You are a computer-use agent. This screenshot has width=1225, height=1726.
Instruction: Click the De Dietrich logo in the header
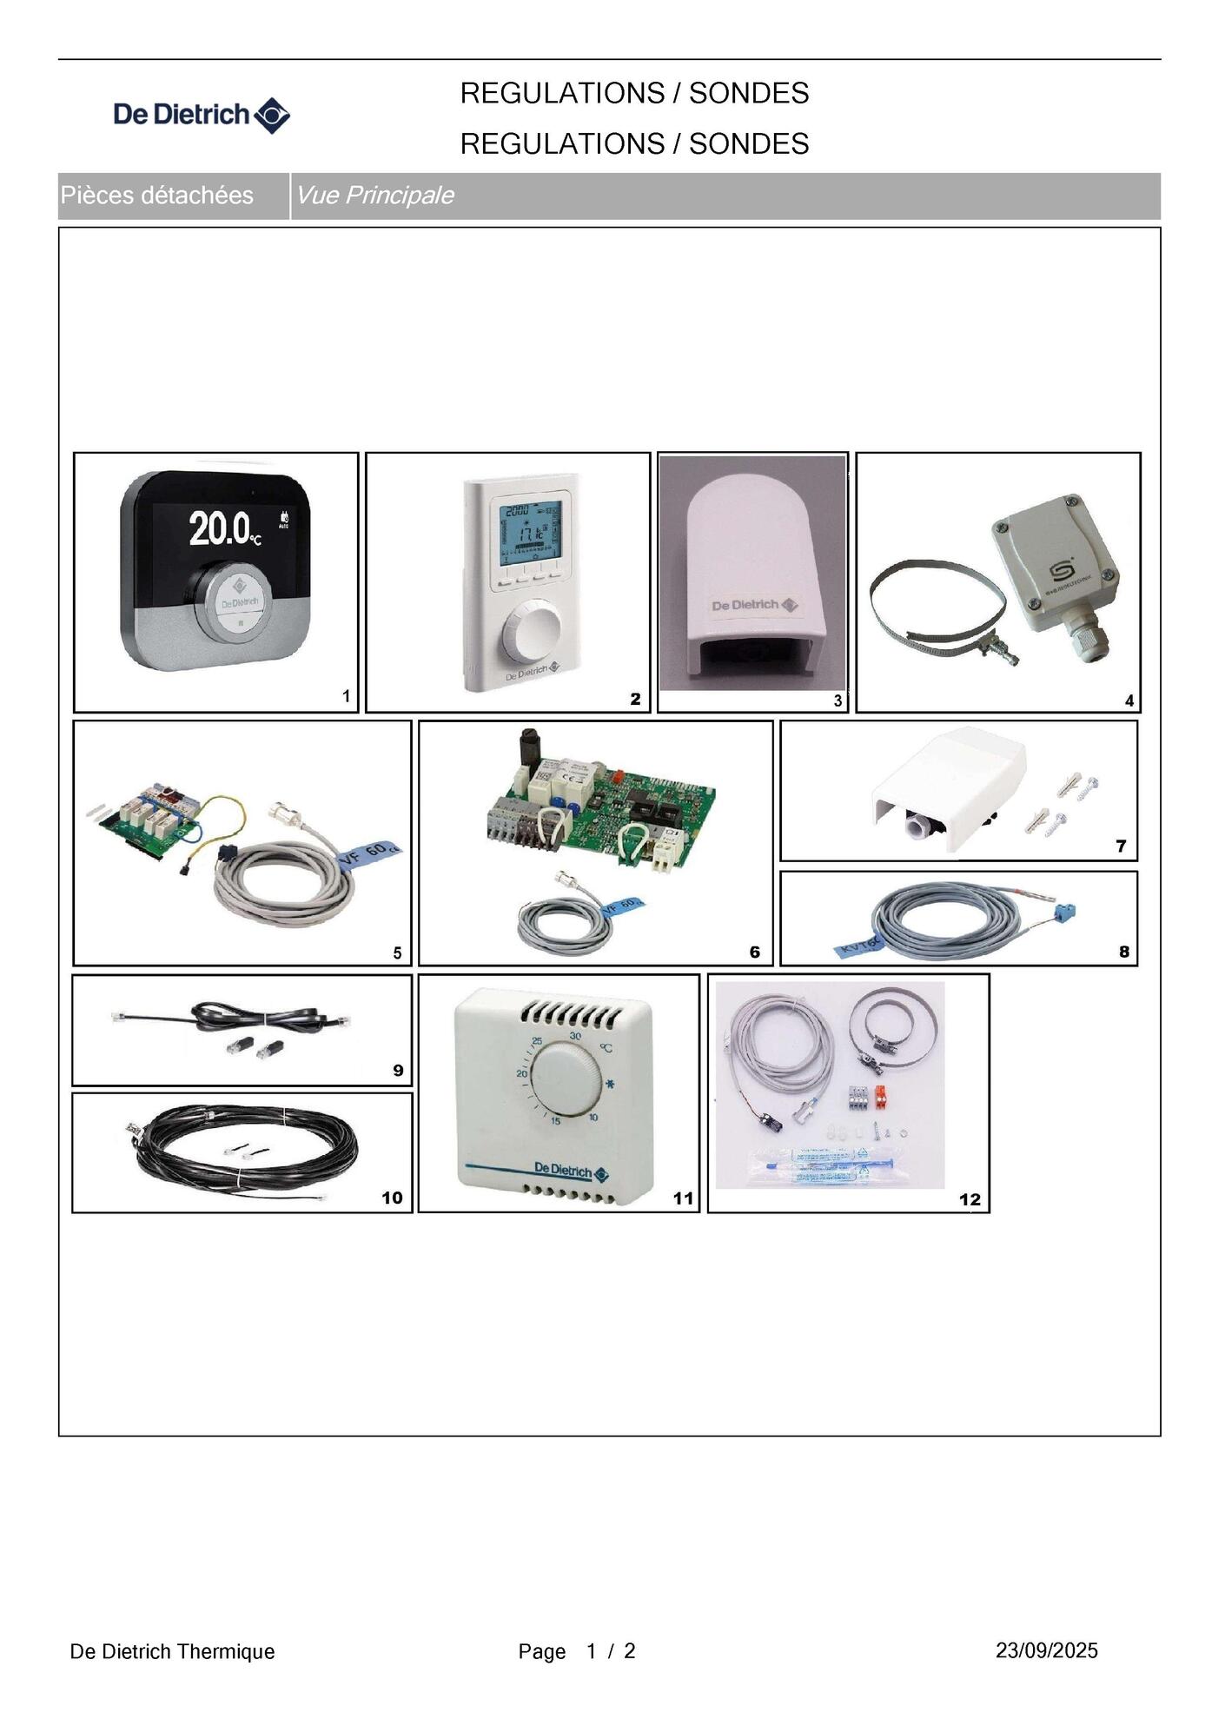[x=202, y=115]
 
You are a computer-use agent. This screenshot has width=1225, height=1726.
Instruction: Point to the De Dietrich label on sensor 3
[x=753, y=605]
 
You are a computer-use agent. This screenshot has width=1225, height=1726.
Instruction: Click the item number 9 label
[x=398, y=1070]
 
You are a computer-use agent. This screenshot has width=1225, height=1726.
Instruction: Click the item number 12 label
[x=970, y=1199]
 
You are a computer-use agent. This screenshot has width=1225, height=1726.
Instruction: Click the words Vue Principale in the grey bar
[x=374, y=196]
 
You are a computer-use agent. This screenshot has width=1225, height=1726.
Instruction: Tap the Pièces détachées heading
[x=156, y=196]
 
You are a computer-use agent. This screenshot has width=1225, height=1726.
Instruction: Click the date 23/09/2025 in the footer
[x=1046, y=1650]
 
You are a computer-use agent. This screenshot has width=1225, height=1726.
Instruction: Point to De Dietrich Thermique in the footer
[x=172, y=1651]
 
